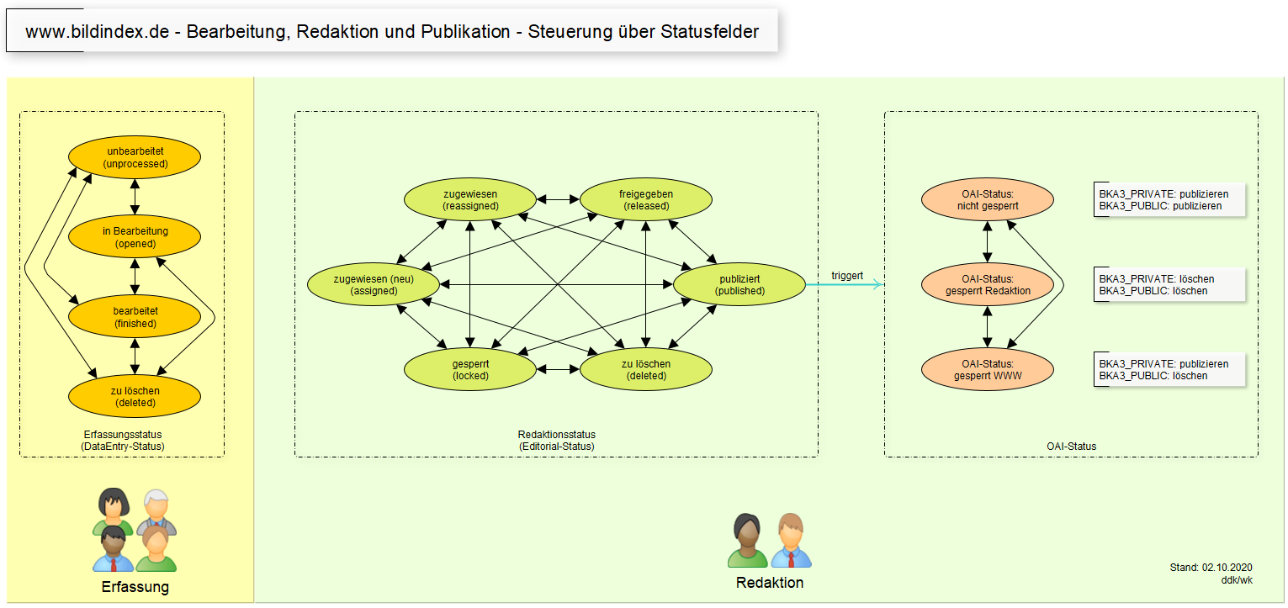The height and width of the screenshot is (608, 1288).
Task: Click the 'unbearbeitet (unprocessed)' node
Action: [135, 157]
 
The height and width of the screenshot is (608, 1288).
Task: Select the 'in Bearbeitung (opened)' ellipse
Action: [135, 237]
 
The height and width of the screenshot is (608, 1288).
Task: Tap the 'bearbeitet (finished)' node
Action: [135, 317]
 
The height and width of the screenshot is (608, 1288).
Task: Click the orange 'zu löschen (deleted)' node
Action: [135, 396]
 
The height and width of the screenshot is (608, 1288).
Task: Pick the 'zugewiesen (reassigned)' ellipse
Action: [470, 200]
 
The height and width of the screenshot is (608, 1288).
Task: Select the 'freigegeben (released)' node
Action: [646, 200]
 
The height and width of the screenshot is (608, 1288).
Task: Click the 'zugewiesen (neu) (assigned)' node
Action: [374, 285]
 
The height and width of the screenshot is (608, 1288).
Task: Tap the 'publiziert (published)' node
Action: [739, 285]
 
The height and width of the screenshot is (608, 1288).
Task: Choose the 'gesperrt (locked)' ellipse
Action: [470, 370]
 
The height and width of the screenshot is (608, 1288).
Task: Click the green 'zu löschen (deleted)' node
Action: [646, 370]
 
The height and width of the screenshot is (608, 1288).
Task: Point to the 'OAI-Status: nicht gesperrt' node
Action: [988, 200]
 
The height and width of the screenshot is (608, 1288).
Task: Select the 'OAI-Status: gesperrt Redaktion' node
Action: [988, 285]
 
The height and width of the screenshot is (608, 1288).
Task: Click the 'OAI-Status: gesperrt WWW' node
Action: [988, 370]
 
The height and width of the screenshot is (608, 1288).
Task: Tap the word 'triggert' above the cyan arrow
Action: [846, 276]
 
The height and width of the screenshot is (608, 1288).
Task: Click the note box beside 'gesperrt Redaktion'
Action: [1169, 285]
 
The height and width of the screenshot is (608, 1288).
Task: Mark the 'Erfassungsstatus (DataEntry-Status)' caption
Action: [122, 440]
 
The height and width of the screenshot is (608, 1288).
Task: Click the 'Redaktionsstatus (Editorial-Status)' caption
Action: [556, 440]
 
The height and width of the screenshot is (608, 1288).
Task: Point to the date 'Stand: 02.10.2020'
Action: [1211, 568]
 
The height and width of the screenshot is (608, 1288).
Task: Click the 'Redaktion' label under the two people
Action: [769, 583]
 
